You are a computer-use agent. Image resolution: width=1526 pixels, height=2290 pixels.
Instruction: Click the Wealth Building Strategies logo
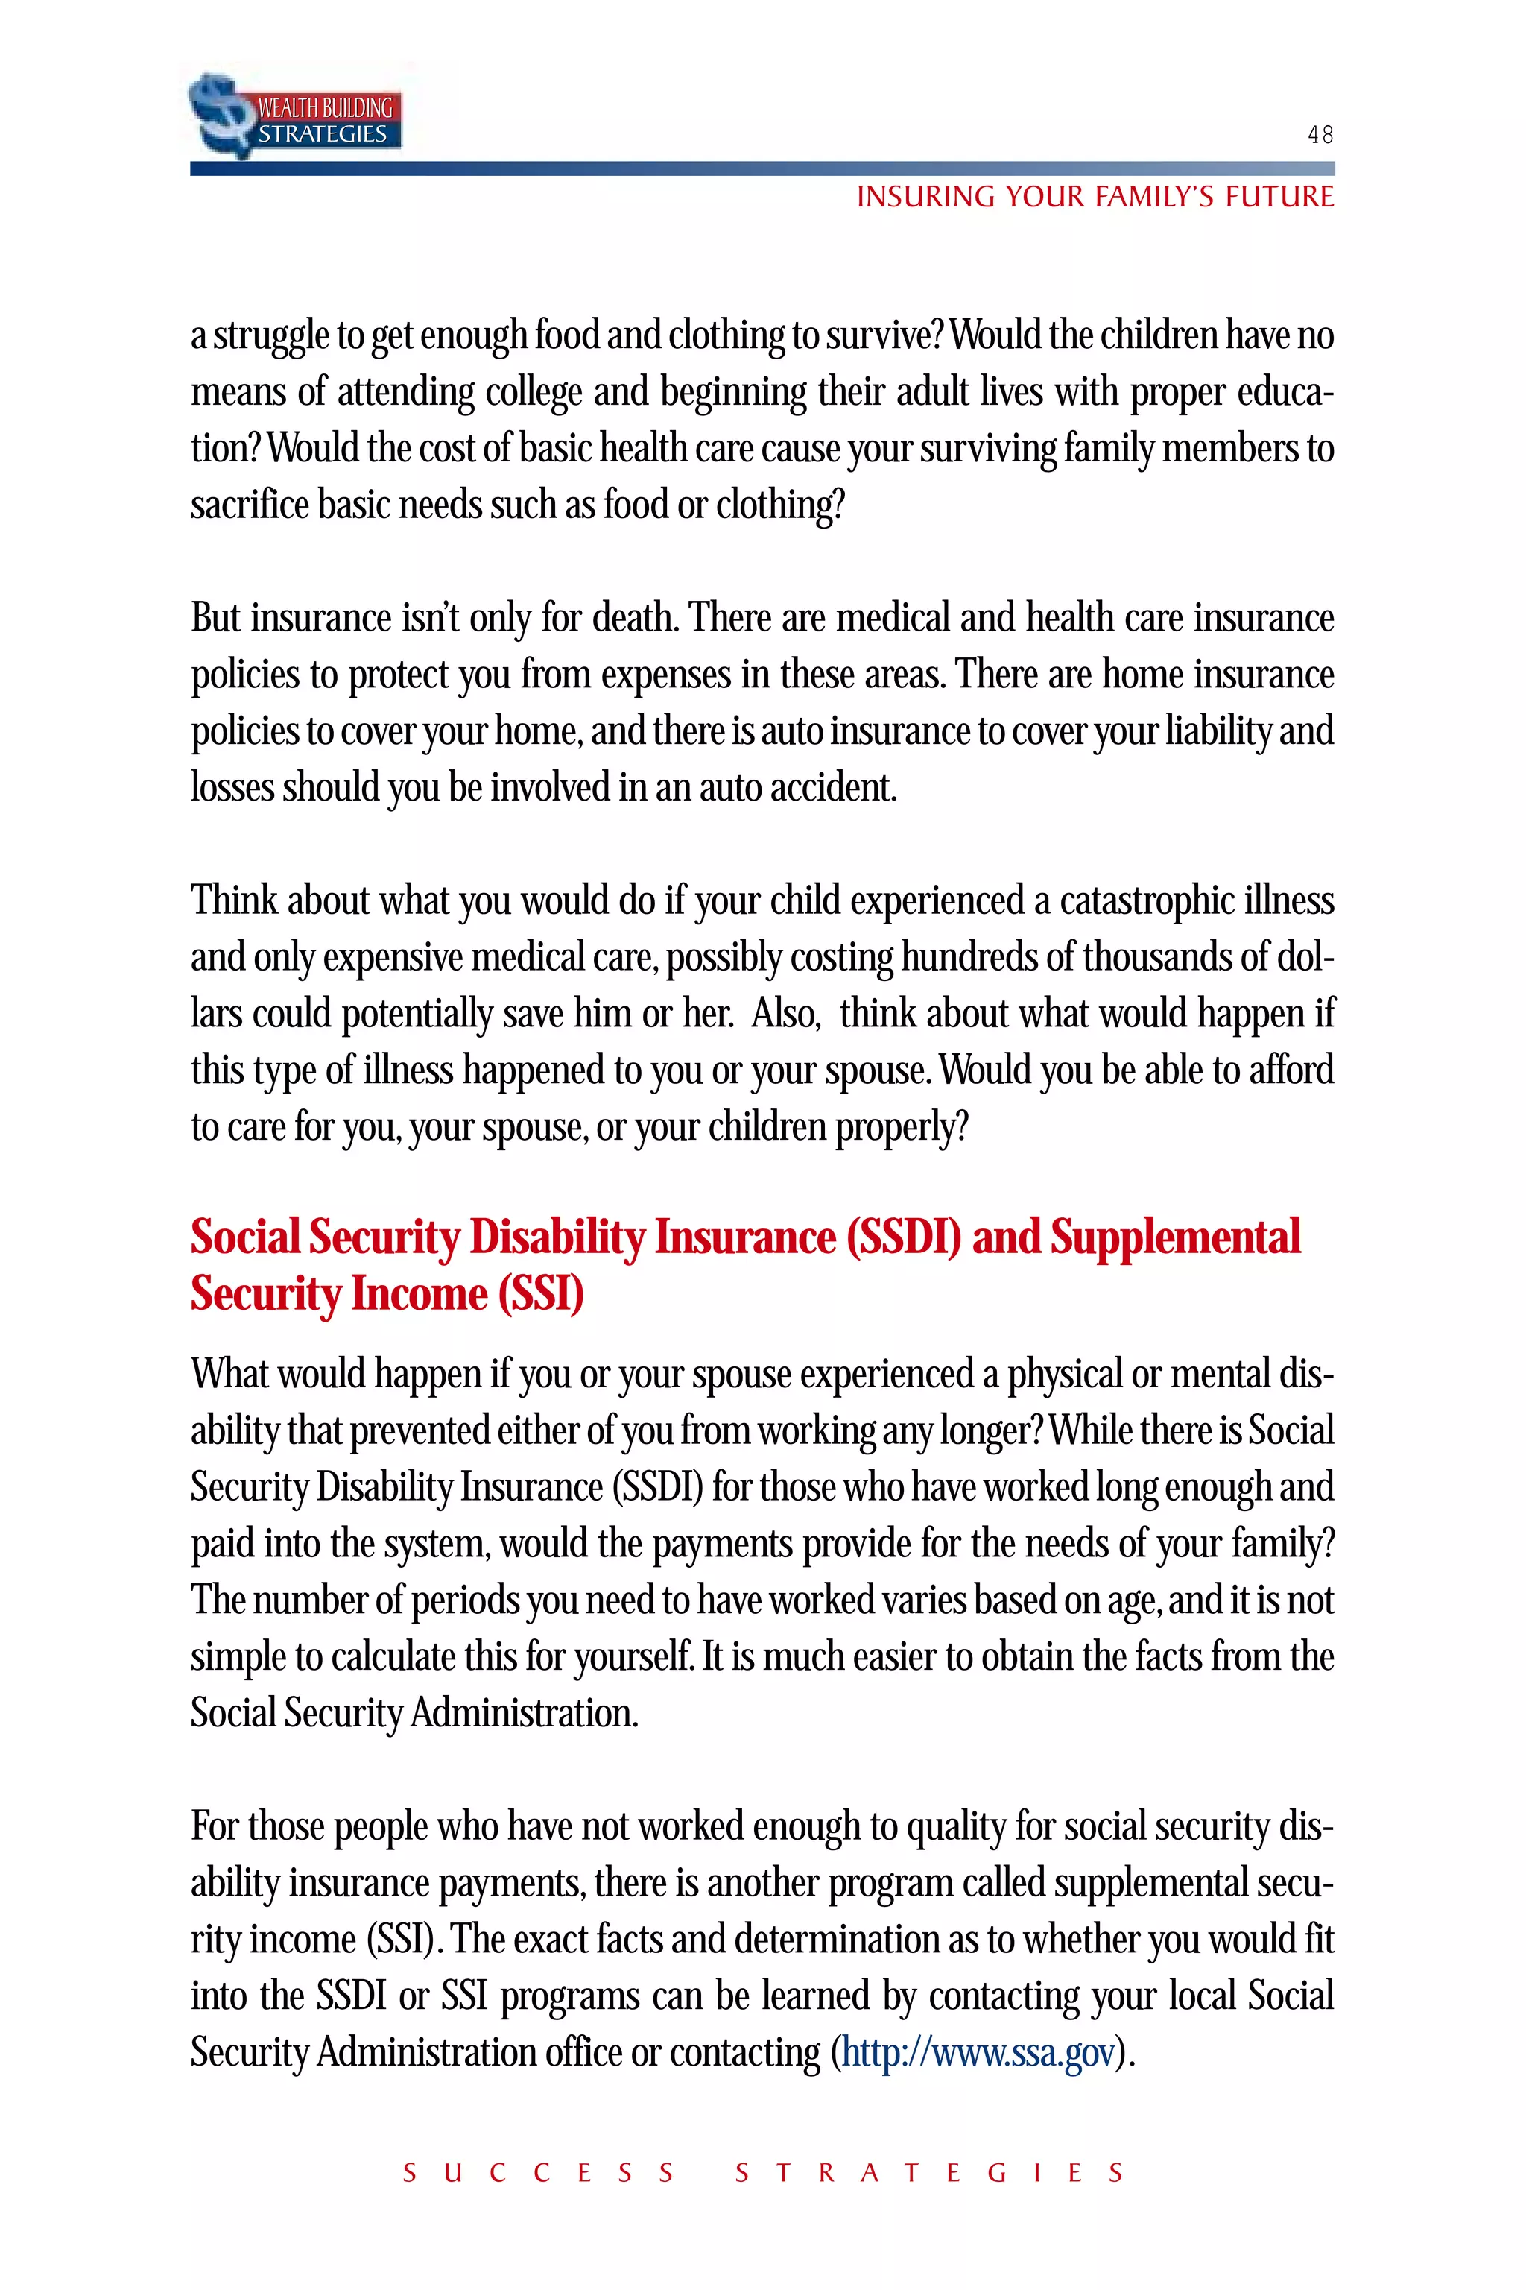(296, 116)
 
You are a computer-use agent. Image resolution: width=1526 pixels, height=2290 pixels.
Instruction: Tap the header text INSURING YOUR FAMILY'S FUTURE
(1095, 198)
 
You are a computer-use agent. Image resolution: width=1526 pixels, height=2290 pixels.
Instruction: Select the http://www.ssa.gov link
(978, 2052)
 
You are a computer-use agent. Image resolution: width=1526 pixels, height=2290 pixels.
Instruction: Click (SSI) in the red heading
(540, 1294)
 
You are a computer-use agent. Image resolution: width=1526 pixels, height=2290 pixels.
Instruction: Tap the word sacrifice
(249, 505)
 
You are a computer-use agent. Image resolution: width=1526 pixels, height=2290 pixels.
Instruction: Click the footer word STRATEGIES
(929, 2173)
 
